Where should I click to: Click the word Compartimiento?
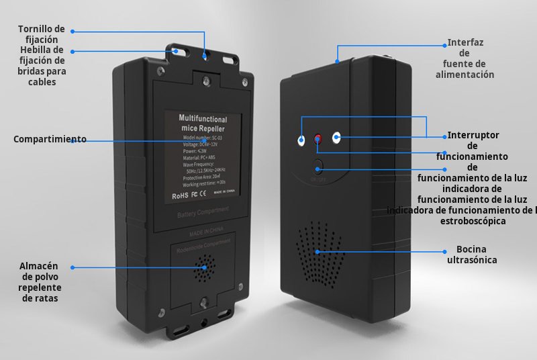point(50,140)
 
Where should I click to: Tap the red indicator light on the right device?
point(318,140)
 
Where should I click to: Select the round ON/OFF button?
point(319,168)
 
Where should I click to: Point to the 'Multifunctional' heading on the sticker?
point(203,118)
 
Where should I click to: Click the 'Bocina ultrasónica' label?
point(472,255)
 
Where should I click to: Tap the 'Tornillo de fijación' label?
point(42,34)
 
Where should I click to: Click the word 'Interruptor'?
point(473,135)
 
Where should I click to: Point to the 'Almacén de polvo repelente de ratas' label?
point(38,282)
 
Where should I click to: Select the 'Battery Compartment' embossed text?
point(203,214)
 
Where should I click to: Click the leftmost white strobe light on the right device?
point(301,140)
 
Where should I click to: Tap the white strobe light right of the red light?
point(336,138)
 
